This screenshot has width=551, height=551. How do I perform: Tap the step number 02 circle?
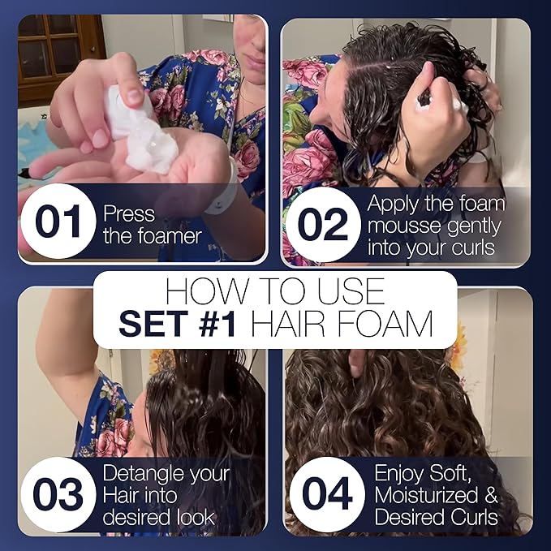tap(323, 224)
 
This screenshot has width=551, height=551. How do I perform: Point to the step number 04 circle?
tap(327, 494)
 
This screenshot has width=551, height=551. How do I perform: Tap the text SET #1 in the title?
tap(179, 325)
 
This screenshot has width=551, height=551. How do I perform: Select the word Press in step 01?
tap(128, 213)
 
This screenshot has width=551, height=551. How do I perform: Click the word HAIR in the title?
tap(294, 325)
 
